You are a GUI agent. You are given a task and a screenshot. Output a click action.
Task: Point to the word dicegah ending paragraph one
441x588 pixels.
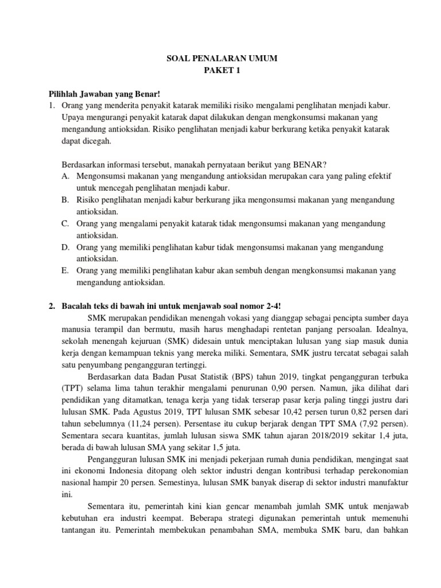pos(78,140)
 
